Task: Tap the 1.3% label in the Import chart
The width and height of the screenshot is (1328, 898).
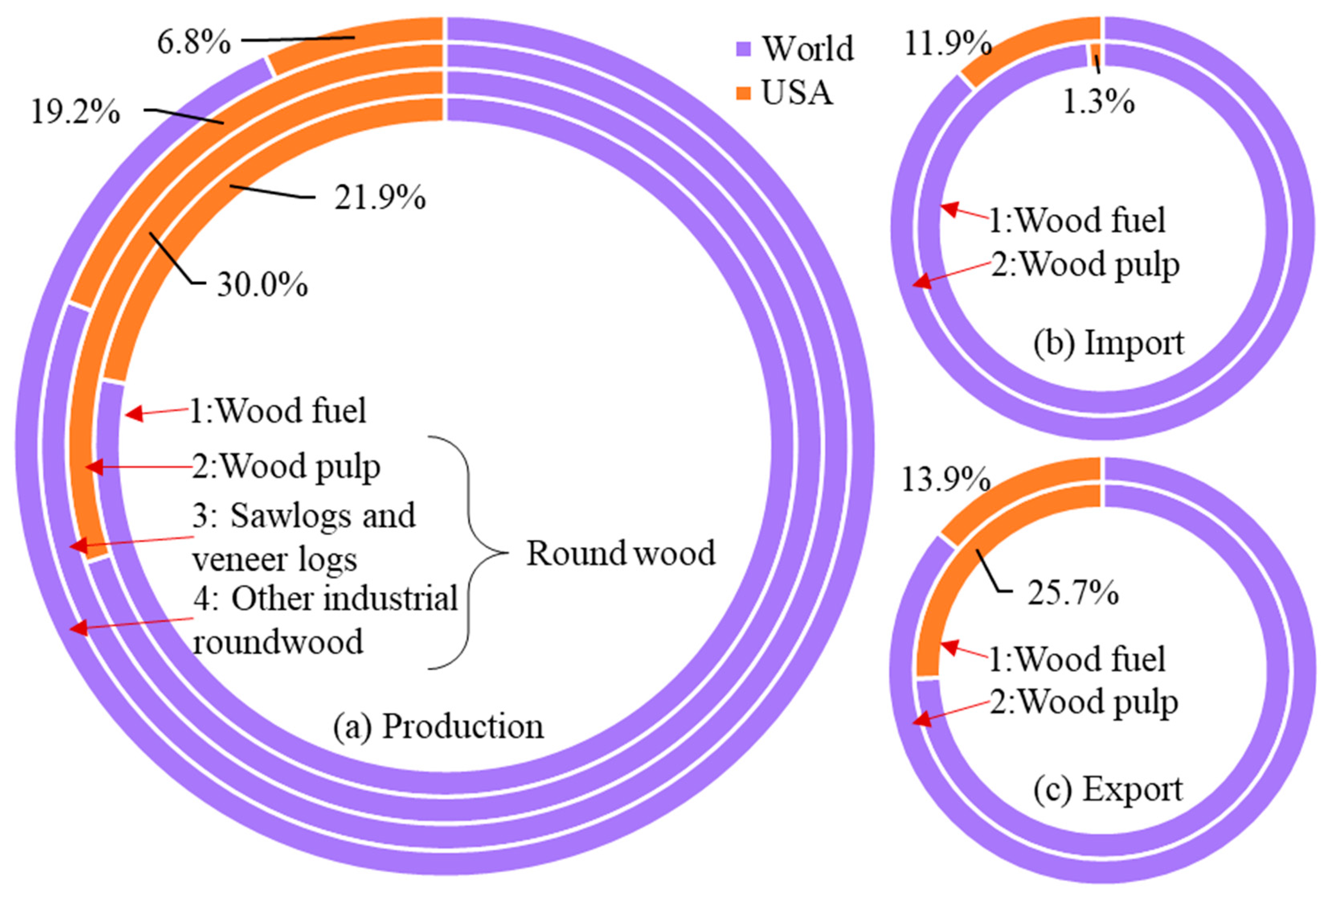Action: click(1098, 103)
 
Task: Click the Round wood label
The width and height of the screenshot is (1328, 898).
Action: click(620, 554)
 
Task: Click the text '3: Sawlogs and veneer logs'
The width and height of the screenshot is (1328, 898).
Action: click(303, 537)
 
